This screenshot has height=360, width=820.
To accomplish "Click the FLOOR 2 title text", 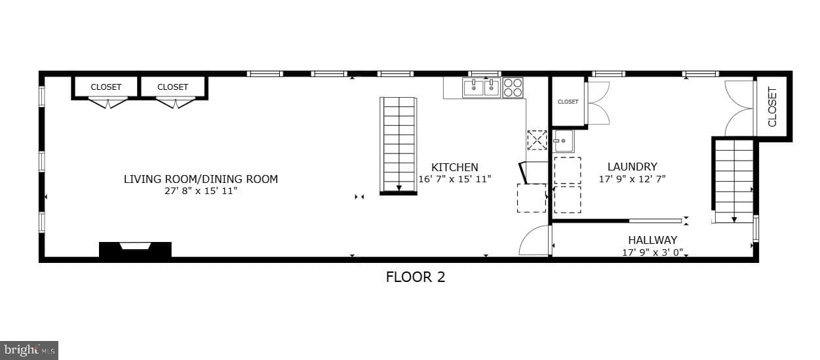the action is pyautogui.click(x=416, y=277).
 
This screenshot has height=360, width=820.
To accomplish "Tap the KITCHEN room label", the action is pyautogui.click(x=455, y=167).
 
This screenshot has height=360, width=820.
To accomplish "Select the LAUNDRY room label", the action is pyautogui.click(x=632, y=167).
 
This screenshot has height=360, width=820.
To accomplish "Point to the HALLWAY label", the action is pyautogui.click(x=653, y=240).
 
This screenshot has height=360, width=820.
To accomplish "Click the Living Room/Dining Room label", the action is pyautogui.click(x=201, y=179).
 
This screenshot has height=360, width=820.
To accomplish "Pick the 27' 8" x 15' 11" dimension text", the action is pyautogui.click(x=201, y=191).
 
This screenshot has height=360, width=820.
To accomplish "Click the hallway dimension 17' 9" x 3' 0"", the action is pyautogui.click(x=653, y=252).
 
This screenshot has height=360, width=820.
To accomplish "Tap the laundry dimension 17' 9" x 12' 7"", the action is pyautogui.click(x=632, y=179).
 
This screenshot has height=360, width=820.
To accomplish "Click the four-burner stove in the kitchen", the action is pyautogui.click(x=513, y=88).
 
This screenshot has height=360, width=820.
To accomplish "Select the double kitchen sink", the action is pyautogui.click(x=481, y=88).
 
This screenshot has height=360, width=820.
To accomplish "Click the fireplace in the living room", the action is pyautogui.click(x=136, y=250).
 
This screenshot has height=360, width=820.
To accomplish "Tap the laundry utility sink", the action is pyautogui.click(x=564, y=141).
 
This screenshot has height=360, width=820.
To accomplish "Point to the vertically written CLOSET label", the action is pyautogui.click(x=772, y=107).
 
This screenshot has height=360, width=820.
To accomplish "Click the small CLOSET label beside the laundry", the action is pyautogui.click(x=568, y=102).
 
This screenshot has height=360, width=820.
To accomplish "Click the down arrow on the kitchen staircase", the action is pyautogui.click(x=399, y=188).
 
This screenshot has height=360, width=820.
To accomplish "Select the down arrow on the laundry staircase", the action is pyautogui.click(x=734, y=220).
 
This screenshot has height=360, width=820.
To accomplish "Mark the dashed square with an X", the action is pyautogui.click(x=537, y=140).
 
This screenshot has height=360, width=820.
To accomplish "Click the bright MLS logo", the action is pyautogui.click(x=29, y=350).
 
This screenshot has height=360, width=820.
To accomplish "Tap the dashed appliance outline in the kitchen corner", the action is pyautogui.click(x=532, y=198).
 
